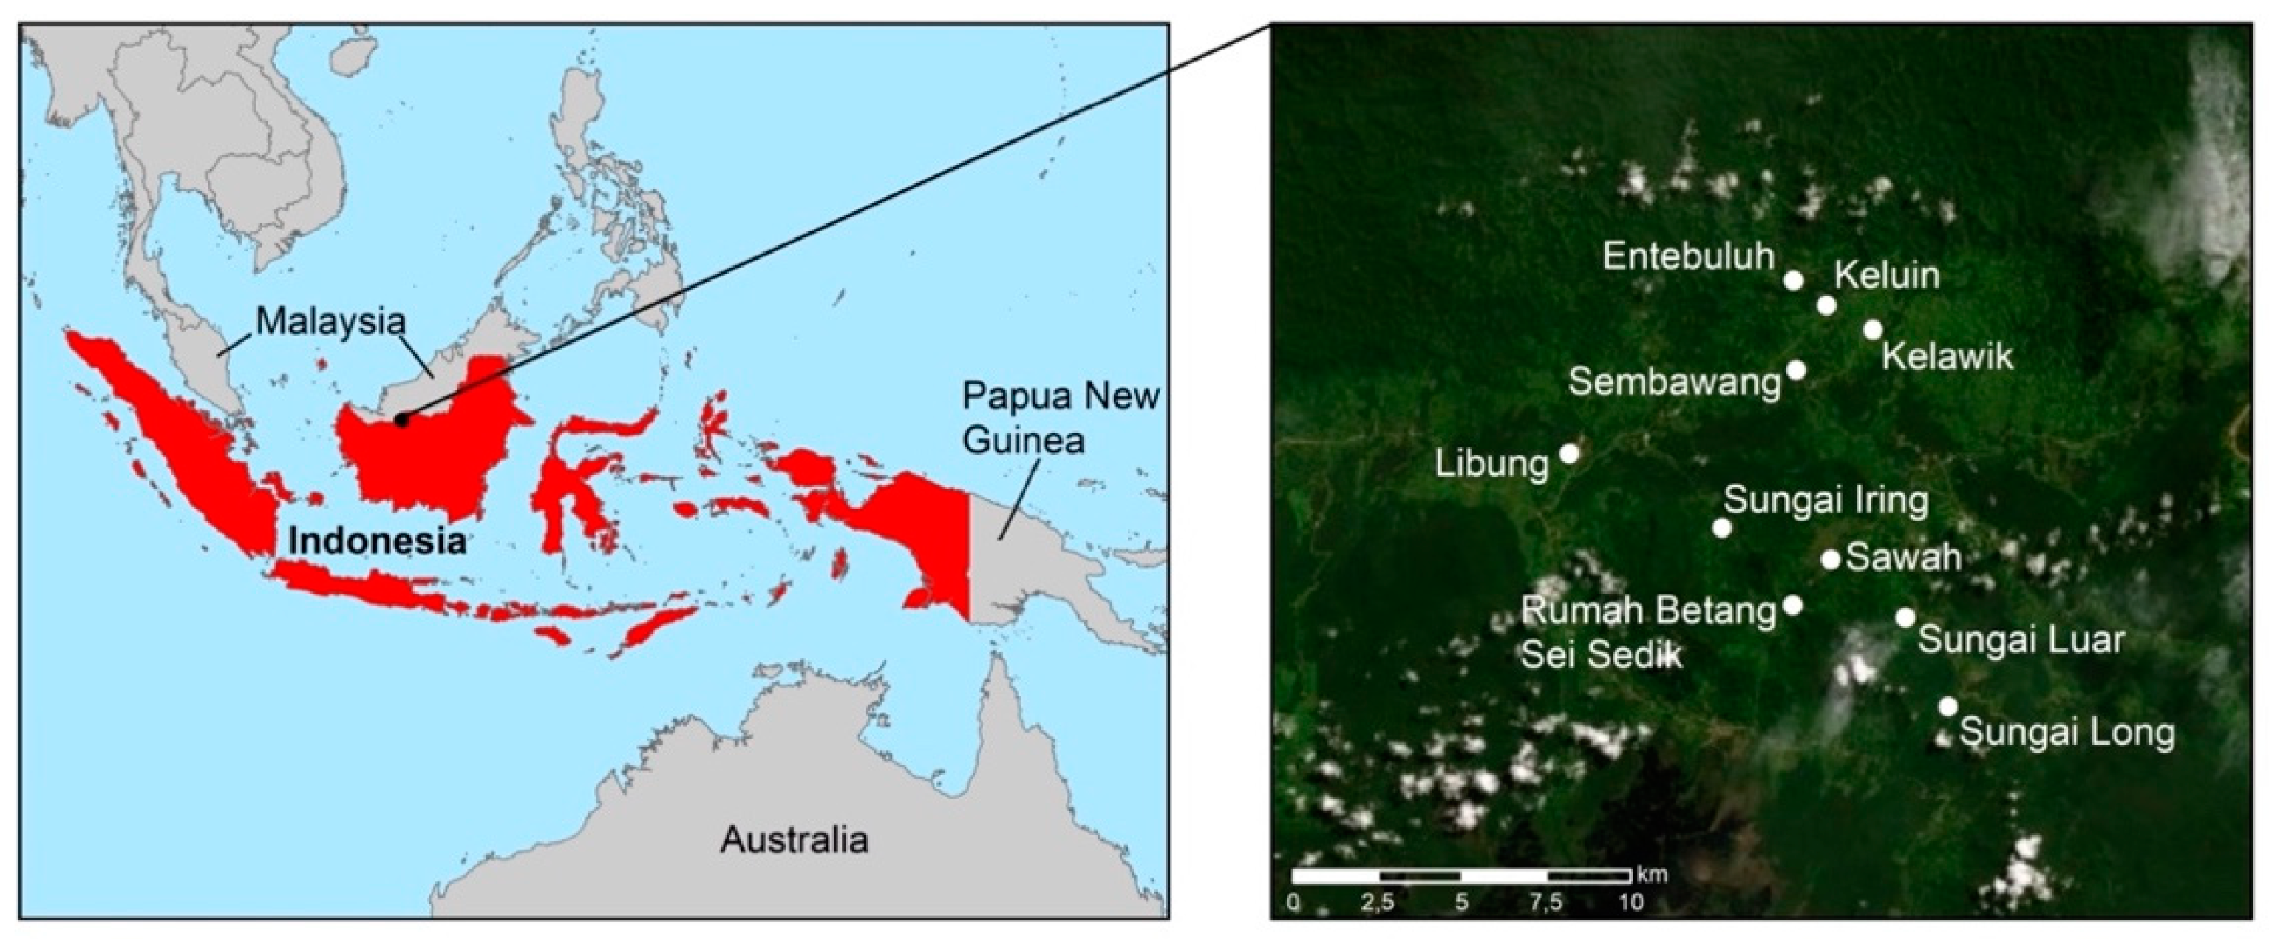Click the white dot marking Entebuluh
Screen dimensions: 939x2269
[1792, 280]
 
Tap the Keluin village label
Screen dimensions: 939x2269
[1887, 276]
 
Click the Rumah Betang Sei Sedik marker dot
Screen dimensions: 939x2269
[1792, 605]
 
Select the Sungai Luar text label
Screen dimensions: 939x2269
[2021, 640]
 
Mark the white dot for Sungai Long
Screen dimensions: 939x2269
[1947, 706]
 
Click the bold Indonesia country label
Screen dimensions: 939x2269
[377, 540]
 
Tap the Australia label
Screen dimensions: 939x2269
[795, 839]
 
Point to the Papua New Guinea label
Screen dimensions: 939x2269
[1060, 418]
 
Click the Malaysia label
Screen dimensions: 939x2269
[331, 322]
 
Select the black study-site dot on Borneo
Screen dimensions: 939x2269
[401, 420]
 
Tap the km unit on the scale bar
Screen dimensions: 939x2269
[1653, 875]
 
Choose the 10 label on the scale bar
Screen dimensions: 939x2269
[1630, 902]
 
